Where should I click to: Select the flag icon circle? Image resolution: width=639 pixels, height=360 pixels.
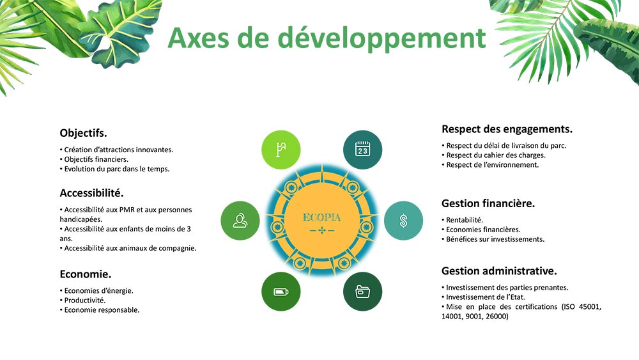tap(281, 150)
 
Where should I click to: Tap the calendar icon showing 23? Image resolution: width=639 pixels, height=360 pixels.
tap(363, 150)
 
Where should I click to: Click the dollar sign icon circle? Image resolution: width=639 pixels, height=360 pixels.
tap(403, 221)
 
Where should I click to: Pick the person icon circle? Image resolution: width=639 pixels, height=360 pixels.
tap(240, 221)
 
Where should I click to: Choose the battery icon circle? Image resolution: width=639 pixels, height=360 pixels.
tap(281, 292)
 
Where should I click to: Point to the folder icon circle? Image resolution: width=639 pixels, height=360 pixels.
tap(363, 292)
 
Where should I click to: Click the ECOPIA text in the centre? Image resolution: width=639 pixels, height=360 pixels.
tap(321, 217)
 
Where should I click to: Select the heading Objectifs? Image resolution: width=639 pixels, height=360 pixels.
tap(83, 133)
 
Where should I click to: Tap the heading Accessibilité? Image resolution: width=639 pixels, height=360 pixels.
tap(91, 193)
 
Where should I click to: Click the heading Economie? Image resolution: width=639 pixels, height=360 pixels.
tap(86, 274)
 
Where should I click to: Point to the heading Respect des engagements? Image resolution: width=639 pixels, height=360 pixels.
tap(507, 129)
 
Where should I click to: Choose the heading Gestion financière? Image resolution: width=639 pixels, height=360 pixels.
tap(488, 203)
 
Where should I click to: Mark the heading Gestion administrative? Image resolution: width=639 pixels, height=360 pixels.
tap(499, 271)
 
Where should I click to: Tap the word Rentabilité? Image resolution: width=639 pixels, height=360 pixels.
tap(465, 220)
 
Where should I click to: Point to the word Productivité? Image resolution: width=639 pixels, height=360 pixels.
tap(85, 301)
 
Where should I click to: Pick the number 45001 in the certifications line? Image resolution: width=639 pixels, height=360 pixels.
tap(590, 306)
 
